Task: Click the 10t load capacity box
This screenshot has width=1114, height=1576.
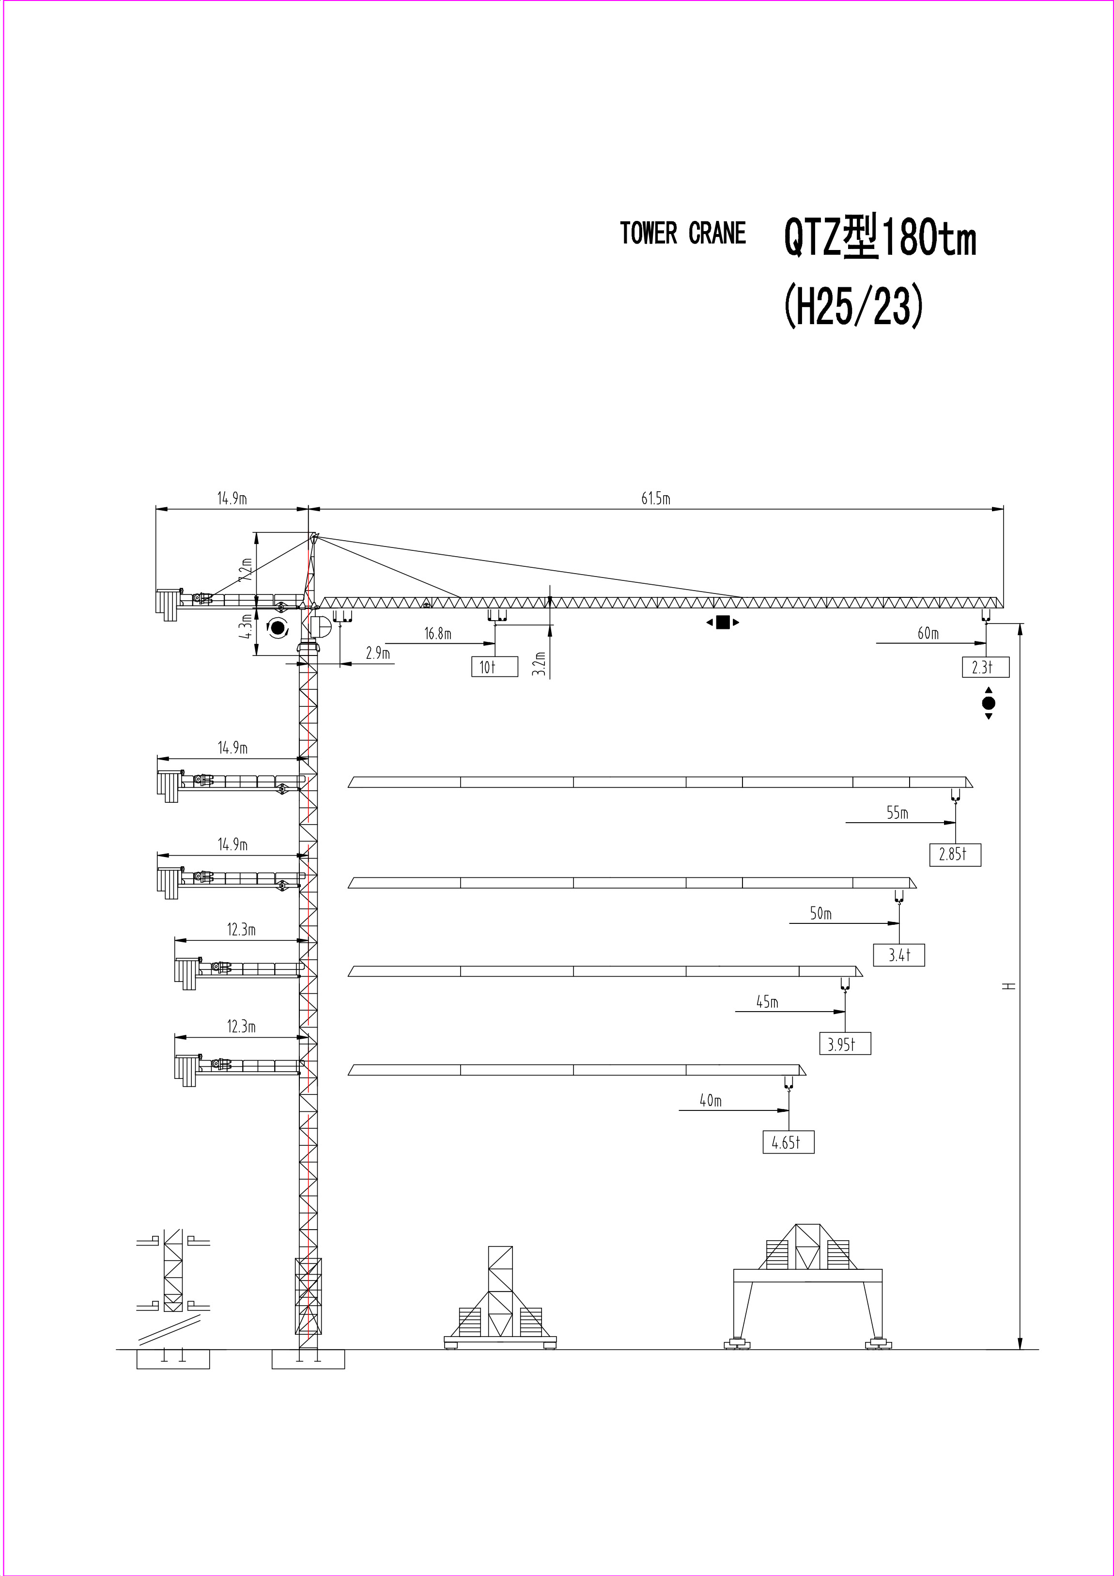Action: click(494, 667)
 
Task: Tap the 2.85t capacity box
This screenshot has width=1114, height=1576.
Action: click(955, 855)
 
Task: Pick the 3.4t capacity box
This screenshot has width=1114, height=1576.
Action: click(898, 955)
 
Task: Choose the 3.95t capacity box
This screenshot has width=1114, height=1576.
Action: click(845, 1044)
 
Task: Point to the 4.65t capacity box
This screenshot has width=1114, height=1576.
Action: click(788, 1142)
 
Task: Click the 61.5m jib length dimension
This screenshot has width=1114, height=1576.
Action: click(655, 499)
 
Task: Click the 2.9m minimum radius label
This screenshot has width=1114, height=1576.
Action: click(377, 654)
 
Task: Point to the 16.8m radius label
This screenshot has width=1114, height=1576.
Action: click(437, 634)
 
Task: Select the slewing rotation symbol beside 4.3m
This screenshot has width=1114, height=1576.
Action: click(278, 627)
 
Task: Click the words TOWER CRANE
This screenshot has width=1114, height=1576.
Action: click(682, 234)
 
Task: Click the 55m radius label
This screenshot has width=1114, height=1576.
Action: click(897, 813)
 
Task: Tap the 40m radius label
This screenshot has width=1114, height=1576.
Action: click(711, 1101)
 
